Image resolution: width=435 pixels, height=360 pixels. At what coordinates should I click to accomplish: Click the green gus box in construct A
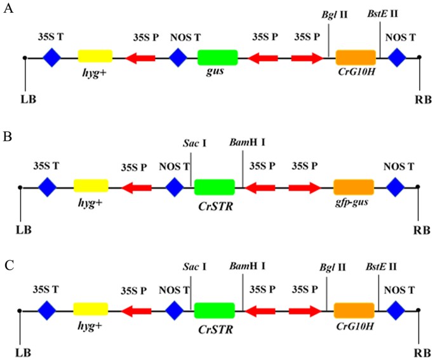(218, 58)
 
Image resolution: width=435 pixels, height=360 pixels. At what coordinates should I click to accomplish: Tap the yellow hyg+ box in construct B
(91, 187)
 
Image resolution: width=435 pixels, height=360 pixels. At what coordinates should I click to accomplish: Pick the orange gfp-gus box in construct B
(354, 187)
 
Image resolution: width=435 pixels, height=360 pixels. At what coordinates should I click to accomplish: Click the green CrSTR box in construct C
(214, 311)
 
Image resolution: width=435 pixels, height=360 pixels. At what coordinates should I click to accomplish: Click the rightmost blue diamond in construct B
(396, 187)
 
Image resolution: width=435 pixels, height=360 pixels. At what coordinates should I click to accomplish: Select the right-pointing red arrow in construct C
(304, 311)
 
